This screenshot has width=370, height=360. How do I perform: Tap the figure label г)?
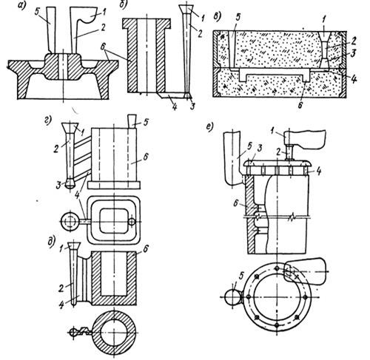48,120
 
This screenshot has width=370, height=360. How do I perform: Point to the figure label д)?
51,241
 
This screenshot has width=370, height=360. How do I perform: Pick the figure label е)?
209,128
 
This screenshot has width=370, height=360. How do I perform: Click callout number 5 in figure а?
38,12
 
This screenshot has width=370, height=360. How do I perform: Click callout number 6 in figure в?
300,105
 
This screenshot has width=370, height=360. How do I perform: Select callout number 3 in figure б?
192,106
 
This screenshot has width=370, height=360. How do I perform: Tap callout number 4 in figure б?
175,106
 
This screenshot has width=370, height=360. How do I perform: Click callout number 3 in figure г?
58,186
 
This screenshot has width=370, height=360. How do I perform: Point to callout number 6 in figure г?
146,157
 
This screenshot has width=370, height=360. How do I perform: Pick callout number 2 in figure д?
61,288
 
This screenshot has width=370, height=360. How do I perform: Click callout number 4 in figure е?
319,171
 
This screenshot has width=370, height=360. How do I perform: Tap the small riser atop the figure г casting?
132,120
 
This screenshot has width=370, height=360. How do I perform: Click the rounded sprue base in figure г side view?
70,183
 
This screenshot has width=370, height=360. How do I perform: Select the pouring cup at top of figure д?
74,246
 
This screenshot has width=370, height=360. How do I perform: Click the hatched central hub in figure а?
63,67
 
